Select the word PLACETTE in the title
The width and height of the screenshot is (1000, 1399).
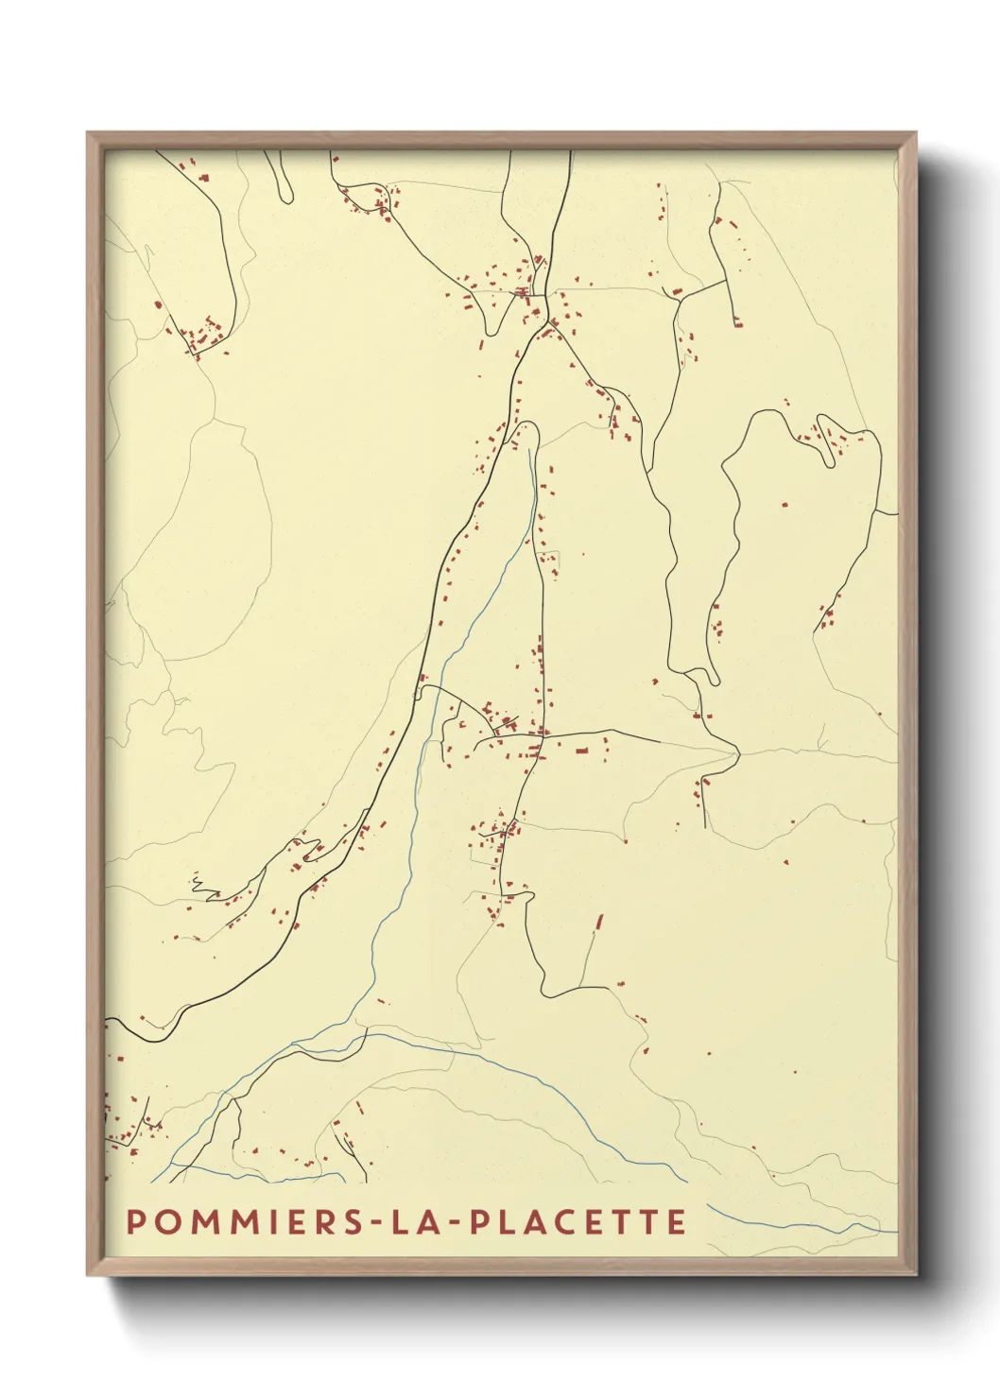(x=578, y=1221)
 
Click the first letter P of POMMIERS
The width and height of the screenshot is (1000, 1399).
(x=134, y=1221)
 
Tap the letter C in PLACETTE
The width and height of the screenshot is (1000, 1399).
(x=560, y=1221)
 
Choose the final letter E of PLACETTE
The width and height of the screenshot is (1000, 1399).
(x=676, y=1221)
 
